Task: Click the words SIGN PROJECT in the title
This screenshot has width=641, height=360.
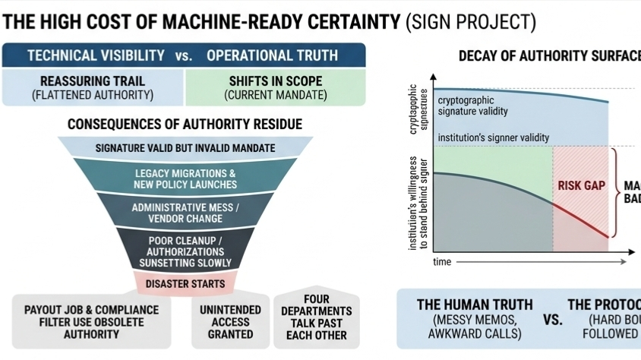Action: tap(471, 22)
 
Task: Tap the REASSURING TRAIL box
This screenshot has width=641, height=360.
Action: tap(93, 87)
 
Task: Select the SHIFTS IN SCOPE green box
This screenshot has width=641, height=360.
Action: tap(275, 87)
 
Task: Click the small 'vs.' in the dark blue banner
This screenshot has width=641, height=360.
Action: tap(185, 55)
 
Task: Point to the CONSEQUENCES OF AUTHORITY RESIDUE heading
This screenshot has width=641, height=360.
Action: tap(185, 124)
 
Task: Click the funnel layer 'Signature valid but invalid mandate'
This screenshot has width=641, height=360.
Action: tap(185, 147)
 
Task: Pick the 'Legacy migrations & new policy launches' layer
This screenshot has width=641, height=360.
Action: tap(185, 178)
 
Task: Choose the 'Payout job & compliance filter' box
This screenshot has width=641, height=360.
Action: tap(92, 321)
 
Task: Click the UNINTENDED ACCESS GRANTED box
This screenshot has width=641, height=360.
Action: tap(231, 321)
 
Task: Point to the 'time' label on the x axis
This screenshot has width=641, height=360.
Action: tap(442, 262)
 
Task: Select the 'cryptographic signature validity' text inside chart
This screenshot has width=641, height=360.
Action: tap(475, 106)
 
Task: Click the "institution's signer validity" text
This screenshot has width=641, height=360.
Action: tap(493, 137)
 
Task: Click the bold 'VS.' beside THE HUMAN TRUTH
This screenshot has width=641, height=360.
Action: tap(553, 319)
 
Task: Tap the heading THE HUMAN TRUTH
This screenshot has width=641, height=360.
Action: tap(475, 305)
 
